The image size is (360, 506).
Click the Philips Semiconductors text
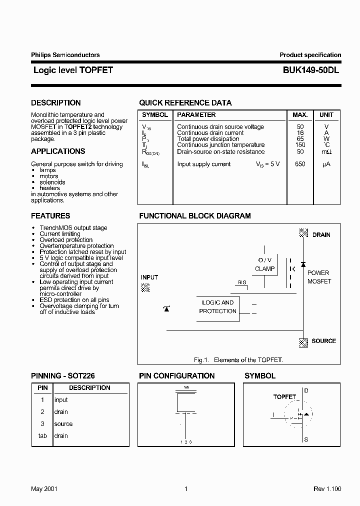click(x=65, y=55)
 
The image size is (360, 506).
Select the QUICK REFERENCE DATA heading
click(x=185, y=103)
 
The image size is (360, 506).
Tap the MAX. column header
click(x=300, y=115)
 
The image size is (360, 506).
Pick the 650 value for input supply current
click(x=300, y=164)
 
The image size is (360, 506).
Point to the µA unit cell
click(x=326, y=164)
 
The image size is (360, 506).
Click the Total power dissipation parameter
click(x=208, y=139)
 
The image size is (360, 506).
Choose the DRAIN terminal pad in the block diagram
click(x=303, y=233)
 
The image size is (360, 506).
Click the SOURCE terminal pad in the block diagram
click(x=303, y=342)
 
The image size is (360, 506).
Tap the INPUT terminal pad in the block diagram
click(x=145, y=287)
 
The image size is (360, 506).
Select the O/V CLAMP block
click(x=264, y=264)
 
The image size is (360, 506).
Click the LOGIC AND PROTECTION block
click(x=217, y=307)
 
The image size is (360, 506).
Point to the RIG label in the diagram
click(x=242, y=282)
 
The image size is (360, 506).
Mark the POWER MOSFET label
click(x=318, y=277)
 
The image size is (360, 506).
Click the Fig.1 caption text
click(x=238, y=360)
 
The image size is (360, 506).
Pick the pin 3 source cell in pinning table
click(x=63, y=424)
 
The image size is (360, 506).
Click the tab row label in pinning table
click(x=42, y=436)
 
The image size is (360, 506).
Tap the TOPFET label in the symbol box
click(x=284, y=396)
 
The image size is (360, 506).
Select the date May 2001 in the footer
click(x=44, y=488)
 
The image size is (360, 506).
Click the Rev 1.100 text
click(x=327, y=488)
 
